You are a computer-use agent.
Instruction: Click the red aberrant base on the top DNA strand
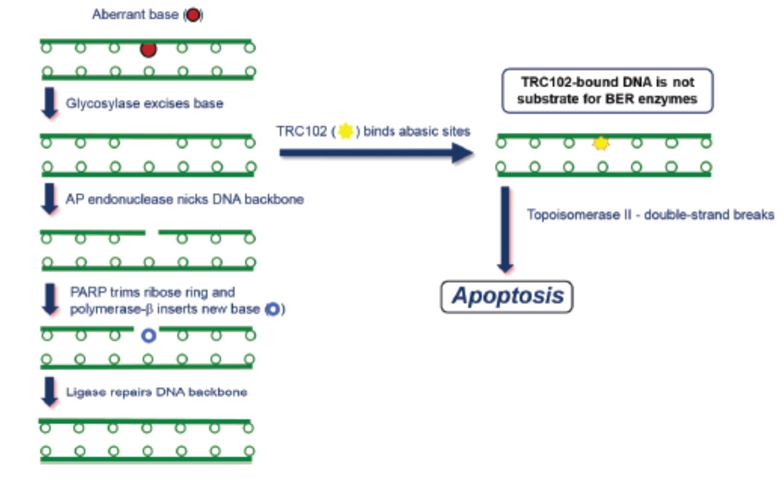pos(148,49)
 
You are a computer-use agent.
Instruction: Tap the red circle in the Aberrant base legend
pos(193,15)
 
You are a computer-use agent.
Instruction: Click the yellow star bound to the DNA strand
pos(601,143)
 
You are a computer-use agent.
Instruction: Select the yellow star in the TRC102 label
pos(345,131)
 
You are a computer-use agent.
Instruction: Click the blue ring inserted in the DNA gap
pos(149,335)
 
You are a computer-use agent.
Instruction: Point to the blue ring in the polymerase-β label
pos(273,309)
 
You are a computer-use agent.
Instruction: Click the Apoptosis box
pos(507,296)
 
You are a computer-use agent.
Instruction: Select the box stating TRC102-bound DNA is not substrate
pos(607,91)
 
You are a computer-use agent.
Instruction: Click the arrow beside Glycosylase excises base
pos(50,103)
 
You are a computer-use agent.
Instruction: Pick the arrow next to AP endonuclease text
pos(50,198)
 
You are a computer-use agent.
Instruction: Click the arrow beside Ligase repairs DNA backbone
pos(50,391)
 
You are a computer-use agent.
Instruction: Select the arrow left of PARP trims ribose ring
pos(51,299)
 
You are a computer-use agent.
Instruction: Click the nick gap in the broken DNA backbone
pos(151,233)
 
